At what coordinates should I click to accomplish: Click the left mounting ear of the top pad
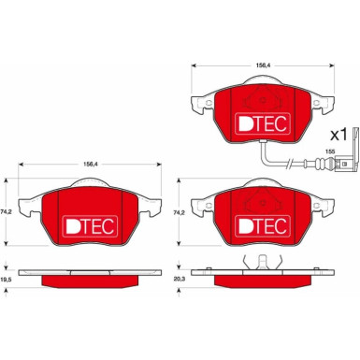[196, 105]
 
